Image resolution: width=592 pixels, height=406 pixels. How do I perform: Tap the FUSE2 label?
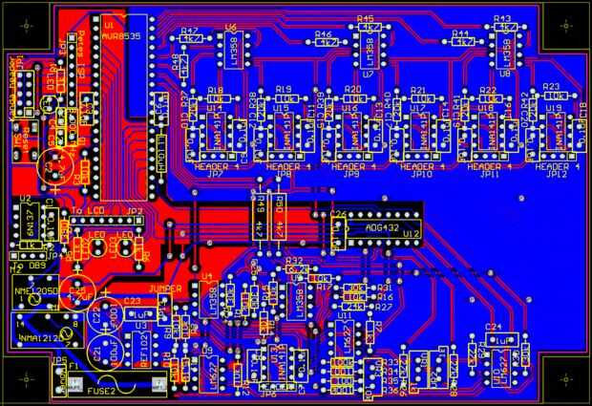102,391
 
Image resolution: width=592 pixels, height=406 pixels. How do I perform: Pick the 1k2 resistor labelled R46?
328,42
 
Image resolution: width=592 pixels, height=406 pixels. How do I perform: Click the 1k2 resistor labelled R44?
464,42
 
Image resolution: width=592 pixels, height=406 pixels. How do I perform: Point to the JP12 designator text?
558,176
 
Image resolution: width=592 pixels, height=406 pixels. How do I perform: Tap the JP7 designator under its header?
215,176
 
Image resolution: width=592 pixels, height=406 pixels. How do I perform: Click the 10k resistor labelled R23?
551,97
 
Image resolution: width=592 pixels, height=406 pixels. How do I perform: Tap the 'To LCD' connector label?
88,211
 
